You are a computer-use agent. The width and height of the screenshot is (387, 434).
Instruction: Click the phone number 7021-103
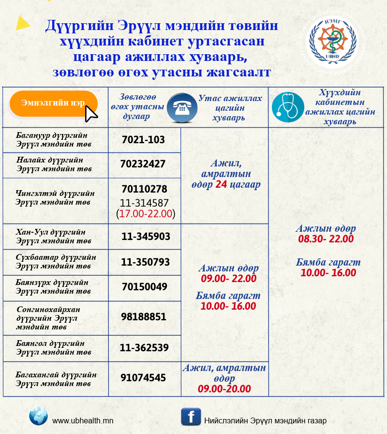tap(143, 140)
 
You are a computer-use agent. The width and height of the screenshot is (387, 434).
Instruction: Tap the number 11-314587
tap(145, 202)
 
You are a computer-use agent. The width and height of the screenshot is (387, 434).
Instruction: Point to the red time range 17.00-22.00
tap(146, 213)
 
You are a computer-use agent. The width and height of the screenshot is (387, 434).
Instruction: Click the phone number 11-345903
tap(145, 237)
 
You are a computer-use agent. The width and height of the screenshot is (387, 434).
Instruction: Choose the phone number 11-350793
tap(145, 262)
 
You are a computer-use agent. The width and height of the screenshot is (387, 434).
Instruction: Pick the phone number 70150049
tap(144, 287)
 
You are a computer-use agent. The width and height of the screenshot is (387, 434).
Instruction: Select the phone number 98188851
tap(144, 317)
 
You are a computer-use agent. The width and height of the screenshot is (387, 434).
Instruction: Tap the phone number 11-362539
tap(144, 347)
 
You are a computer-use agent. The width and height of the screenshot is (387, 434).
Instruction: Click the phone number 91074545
tap(144, 378)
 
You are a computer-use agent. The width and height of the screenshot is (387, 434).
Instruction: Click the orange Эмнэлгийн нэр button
tap(54, 103)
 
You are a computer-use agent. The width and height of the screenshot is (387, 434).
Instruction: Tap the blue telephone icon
tap(182, 107)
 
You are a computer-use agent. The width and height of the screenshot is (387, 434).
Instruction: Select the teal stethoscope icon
tap(288, 107)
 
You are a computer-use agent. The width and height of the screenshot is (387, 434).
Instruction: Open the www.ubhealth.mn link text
tap(83, 421)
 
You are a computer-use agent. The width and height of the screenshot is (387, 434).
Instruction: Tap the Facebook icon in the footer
tap(191, 417)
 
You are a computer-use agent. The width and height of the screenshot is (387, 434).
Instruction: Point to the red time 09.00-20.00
tap(224, 389)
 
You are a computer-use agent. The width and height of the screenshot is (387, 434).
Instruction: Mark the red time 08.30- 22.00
tap(326, 239)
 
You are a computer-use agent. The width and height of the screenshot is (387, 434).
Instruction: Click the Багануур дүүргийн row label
tap(54, 139)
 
